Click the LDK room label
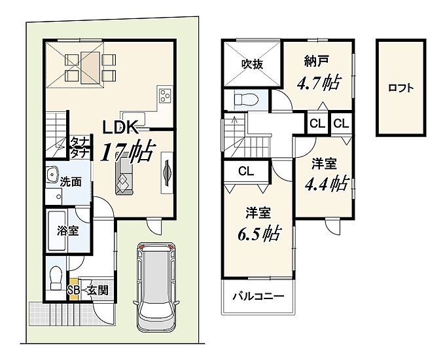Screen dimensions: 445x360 tap(120, 127)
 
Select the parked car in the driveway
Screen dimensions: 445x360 tap(156, 287)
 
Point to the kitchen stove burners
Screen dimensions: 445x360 tap(165, 96)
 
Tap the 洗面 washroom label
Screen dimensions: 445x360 tap(71, 182)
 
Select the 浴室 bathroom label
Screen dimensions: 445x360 tap(67, 231)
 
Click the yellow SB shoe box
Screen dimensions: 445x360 tap(73, 290)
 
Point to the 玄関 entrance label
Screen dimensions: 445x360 tap(98, 290)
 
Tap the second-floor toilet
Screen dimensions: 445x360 tap(246, 99)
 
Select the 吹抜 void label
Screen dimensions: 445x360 tap(253, 64)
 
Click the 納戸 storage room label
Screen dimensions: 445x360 tap(317, 61)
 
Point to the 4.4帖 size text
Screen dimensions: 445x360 tap(327, 183)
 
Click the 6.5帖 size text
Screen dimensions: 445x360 tap(259, 234)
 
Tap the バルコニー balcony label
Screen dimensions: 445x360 tap(258, 297)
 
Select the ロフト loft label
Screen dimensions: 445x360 tap(401, 88)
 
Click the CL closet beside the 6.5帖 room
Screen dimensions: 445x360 tap(246, 171)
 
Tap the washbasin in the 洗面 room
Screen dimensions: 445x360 tap(52, 173)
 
